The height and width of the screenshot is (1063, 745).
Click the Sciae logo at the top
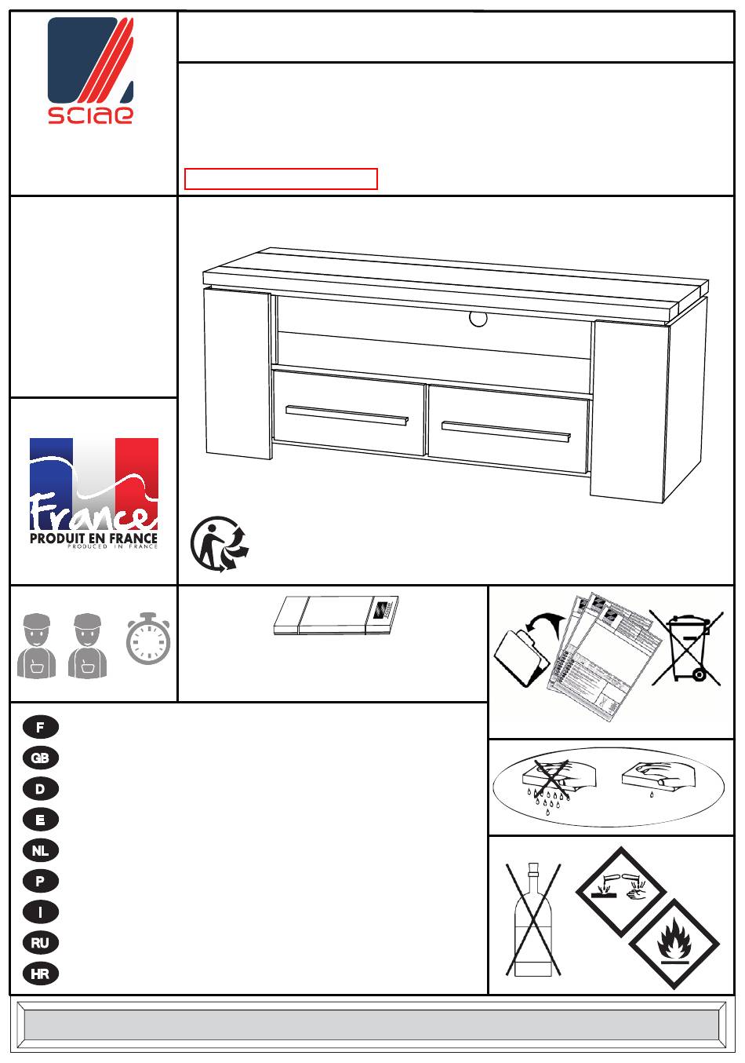point(90,71)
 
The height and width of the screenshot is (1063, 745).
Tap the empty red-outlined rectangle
point(281,179)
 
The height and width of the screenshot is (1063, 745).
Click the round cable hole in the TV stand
point(478,319)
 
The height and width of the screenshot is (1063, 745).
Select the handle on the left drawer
point(347,416)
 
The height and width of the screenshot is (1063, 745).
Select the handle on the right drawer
point(506,431)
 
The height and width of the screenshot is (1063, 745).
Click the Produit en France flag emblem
point(93,494)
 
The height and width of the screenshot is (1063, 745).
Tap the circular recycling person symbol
point(220,544)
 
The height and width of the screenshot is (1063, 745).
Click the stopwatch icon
point(148,638)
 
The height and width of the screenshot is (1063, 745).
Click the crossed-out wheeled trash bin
point(686,648)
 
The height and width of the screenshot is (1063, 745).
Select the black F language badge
point(40,727)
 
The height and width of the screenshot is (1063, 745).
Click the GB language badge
point(40,758)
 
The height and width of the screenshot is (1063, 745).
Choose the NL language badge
point(40,850)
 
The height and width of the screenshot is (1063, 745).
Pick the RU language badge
point(40,942)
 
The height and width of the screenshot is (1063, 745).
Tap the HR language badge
point(40,974)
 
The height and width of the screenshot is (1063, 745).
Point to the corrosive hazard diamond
point(621,891)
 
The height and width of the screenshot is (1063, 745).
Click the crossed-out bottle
point(533,919)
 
